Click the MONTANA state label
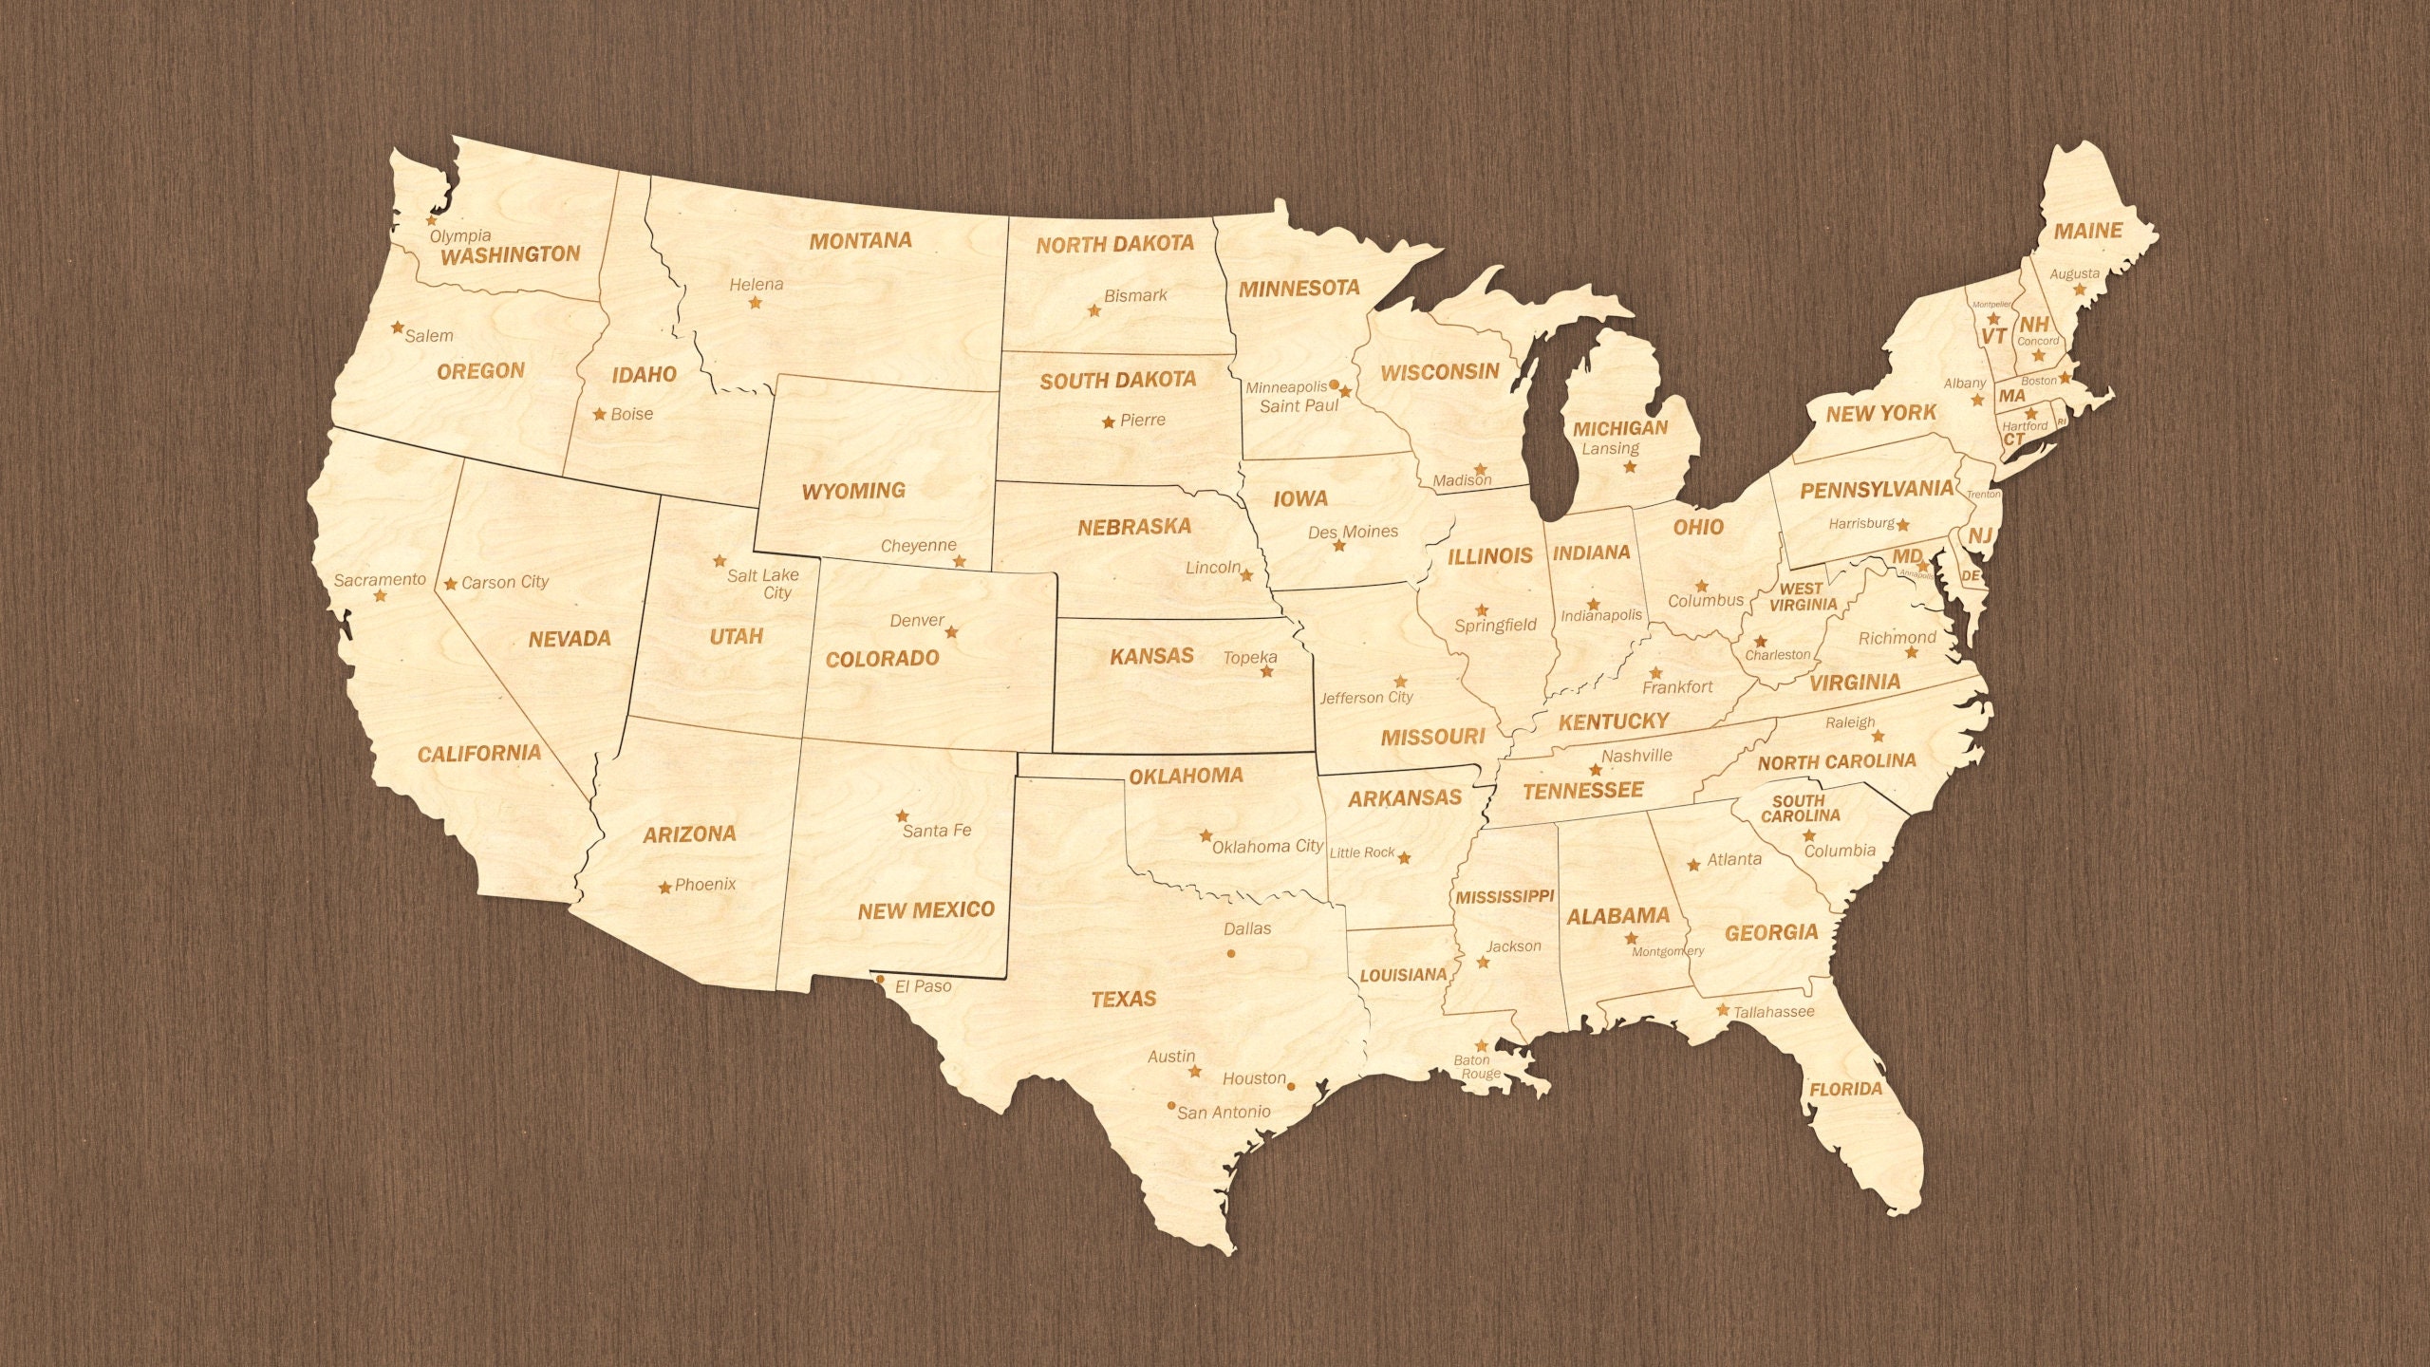tap(860, 241)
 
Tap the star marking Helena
tap(756, 303)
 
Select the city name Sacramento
tap(380, 579)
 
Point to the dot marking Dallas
tap(1231, 952)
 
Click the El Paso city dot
tap(880, 979)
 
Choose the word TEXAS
tap(1123, 999)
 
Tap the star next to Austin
tap(1195, 1072)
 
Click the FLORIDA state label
tap(1845, 1089)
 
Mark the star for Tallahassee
tap(1723, 1010)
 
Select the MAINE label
tap(2088, 231)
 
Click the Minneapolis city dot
tap(1334, 384)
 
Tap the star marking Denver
tap(952, 632)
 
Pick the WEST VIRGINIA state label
tap(1802, 596)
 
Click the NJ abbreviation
tap(1979, 536)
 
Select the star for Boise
tap(600, 415)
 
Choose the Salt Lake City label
tap(764, 583)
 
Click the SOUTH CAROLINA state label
tap(1800, 808)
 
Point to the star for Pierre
tap(1109, 421)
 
